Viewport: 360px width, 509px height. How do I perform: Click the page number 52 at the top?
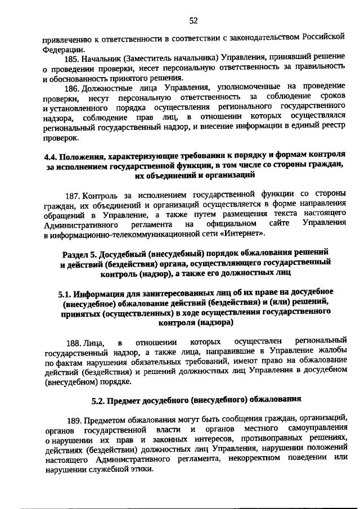click(x=193, y=21)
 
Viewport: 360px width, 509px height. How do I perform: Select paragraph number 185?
click(x=73, y=59)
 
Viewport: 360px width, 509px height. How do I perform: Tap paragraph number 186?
click(x=73, y=87)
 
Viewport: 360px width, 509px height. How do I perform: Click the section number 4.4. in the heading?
click(x=51, y=156)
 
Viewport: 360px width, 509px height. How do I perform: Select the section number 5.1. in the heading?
click(x=65, y=292)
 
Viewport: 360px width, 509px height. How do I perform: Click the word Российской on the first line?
click(x=323, y=38)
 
